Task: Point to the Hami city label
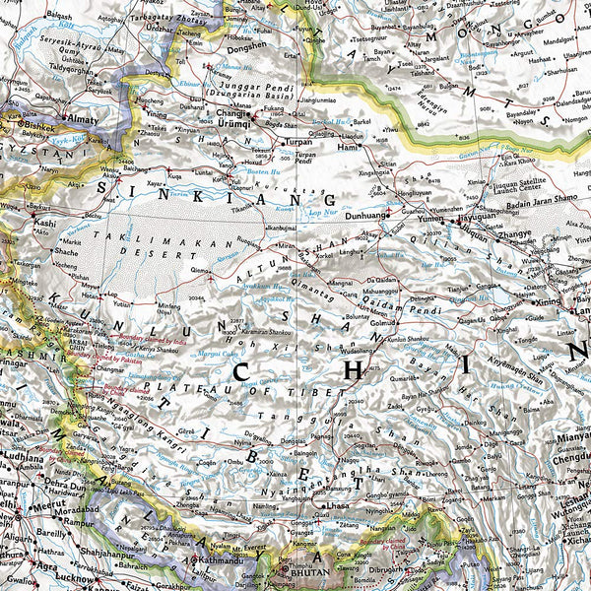347,147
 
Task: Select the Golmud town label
383,321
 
